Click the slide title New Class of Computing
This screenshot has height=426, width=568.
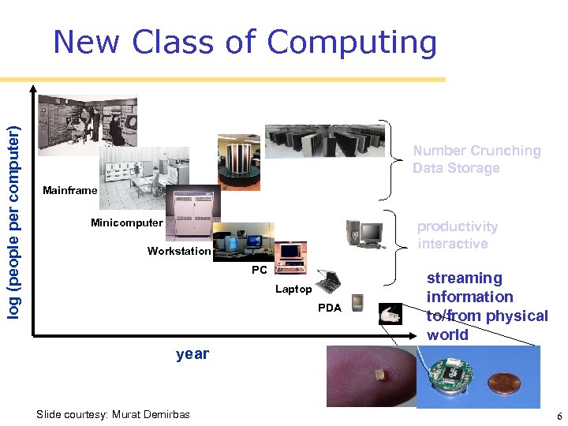click(x=245, y=43)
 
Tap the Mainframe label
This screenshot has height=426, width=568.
click(x=70, y=190)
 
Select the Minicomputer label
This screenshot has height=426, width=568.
click(x=126, y=222)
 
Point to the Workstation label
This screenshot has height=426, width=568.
click(x=179, y=252)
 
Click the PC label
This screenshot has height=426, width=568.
click(x=259, y=271)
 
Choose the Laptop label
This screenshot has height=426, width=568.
click(x=293, y=290)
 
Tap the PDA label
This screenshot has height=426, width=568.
click(x=330, y=308)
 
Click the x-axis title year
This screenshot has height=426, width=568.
click(x=192, y=353)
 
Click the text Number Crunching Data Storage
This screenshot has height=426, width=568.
click(x=476, y=159)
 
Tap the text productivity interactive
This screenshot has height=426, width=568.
click(x=458, y=235)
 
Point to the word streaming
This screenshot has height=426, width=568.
click(x=464, y=278)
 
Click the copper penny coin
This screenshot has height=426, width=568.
click(x=504, y=384)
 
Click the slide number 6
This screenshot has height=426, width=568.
click(x=559, y=416)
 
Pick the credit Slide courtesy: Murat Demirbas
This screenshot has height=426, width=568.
click(x=113, y=414)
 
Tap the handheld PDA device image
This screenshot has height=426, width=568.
click(x=357, y=301)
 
